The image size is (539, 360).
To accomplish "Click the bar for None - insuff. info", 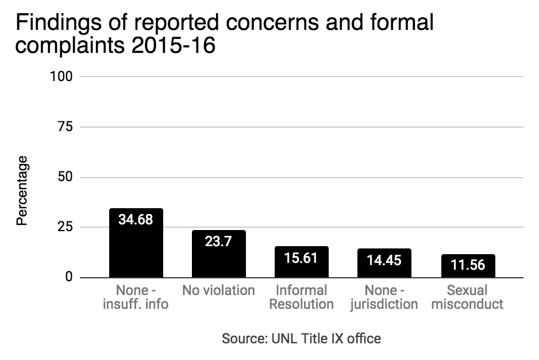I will (x=136, y=253).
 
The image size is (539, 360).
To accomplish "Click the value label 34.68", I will (x=136, y=220).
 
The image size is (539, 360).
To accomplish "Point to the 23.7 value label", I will (x=219, y=242).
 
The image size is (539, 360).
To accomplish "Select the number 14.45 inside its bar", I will (x=384, y=260).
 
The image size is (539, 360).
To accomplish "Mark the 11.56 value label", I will (x=468, y=266).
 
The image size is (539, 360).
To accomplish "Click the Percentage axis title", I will (x=22, y=190).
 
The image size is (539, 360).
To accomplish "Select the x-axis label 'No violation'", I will (x=219, y=290).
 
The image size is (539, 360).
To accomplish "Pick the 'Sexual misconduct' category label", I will (x=468, y=297).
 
